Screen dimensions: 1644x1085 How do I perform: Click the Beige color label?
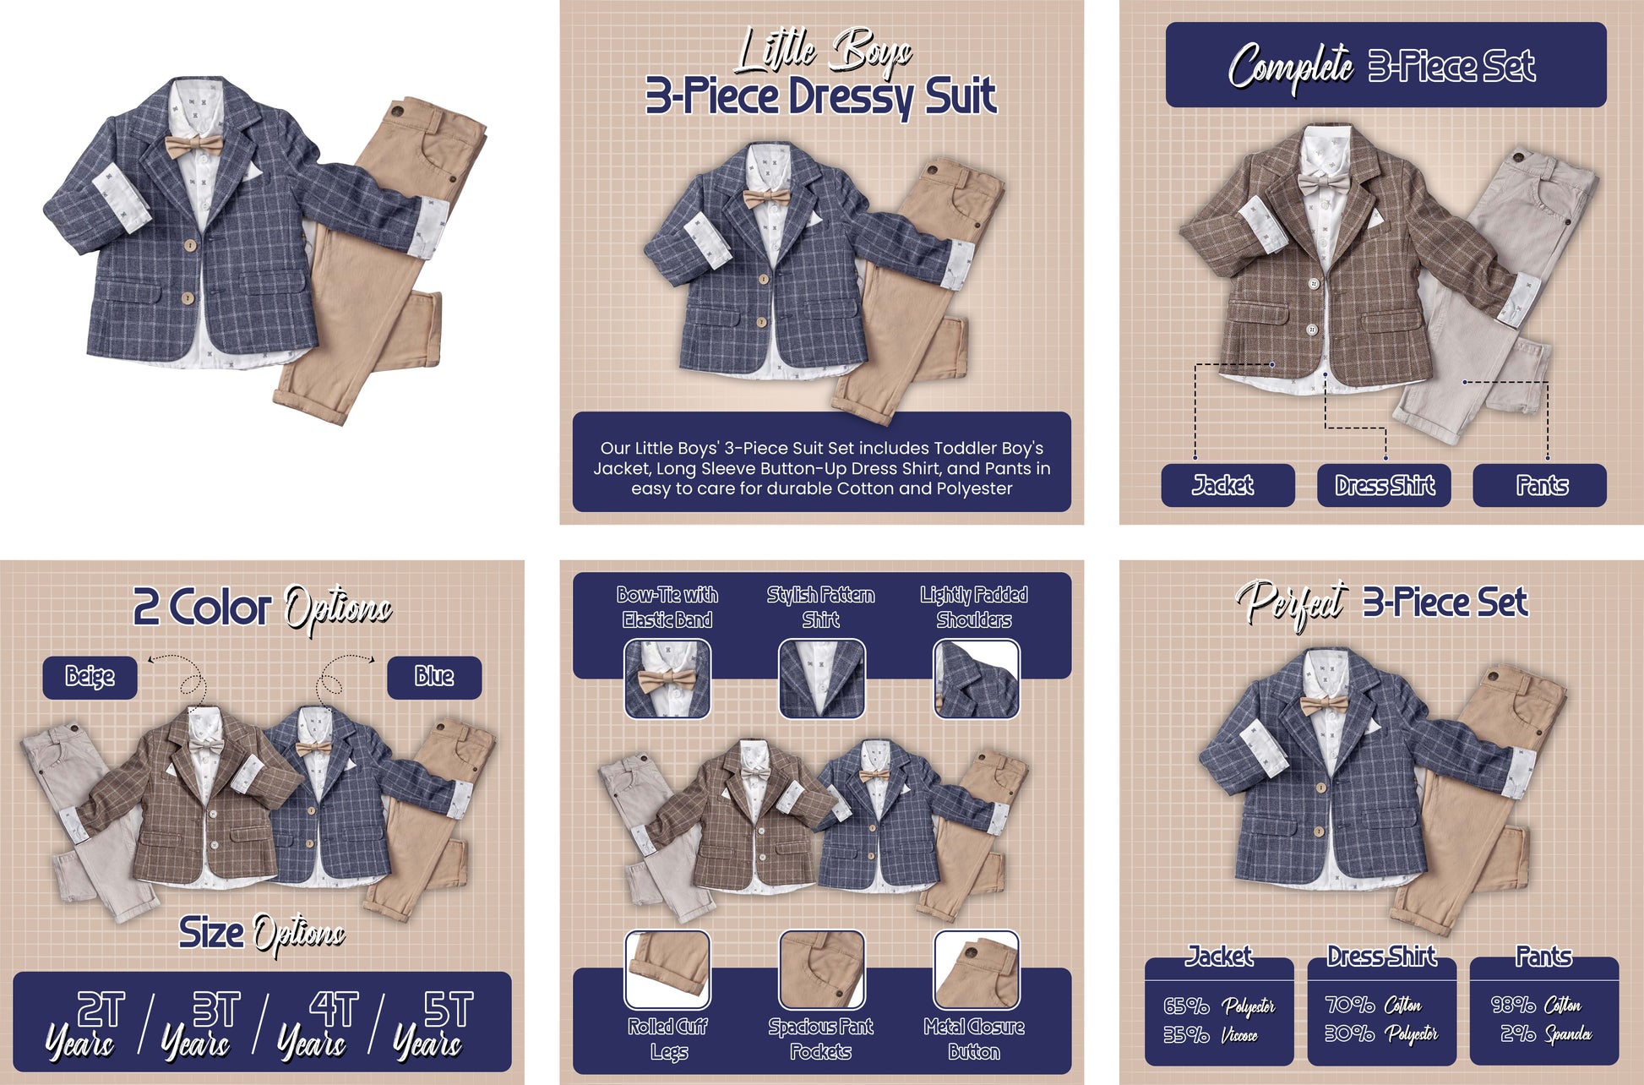[x=90, y=677]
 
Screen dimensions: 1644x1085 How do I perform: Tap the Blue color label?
[x=434, y=677]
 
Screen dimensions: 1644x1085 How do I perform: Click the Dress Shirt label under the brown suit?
[x=1384, y=485]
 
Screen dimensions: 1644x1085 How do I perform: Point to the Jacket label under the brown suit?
[x=1228, y=485]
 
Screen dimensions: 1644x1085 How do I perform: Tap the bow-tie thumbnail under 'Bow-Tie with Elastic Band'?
[x=667, y=679]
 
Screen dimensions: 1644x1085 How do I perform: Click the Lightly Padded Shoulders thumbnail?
[x=976, y=679]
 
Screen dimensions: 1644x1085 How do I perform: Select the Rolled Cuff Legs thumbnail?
[x=667, y=969]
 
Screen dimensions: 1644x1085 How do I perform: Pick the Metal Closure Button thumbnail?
[x=976, y=969]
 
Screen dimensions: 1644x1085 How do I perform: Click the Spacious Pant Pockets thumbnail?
[x=821, y=969]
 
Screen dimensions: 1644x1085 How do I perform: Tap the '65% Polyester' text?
[x=1219, y=1006]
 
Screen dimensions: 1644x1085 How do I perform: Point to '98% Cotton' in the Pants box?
[x=1536, y=1005]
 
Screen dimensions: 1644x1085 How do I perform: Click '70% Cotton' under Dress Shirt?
[x=1374, y=1005]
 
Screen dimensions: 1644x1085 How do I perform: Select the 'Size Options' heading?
[x=262, y=934]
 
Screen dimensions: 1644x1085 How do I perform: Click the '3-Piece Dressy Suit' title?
[x=821, y=96]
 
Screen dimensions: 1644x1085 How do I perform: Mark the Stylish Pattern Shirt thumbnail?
[x=821, y=679]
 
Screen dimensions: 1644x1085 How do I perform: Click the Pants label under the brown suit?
[x=1540, y=485]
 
